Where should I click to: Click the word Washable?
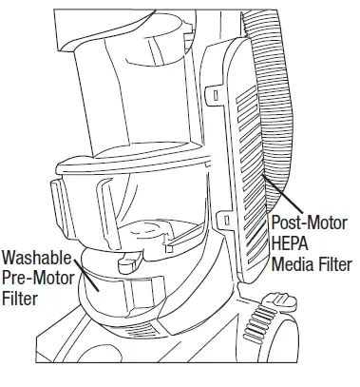click(x=38, y=257)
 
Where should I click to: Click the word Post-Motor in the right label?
click(x=310, y=222)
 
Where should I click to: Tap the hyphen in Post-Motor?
click(x=306, y=222)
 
